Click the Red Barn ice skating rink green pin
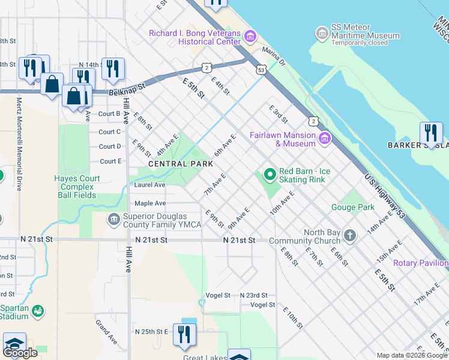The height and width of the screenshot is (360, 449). [x=270, y=175]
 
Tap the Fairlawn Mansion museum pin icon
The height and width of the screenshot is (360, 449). [x=325, y=139]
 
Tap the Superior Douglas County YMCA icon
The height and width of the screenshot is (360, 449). [x=113, y=220]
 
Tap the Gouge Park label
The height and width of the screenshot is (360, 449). [x=353, y=208]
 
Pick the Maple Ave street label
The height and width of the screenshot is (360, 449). [x=149, y=203]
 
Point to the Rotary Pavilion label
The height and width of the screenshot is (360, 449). [x=420, y=263]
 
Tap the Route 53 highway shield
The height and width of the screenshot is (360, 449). [x=261, y=70]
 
